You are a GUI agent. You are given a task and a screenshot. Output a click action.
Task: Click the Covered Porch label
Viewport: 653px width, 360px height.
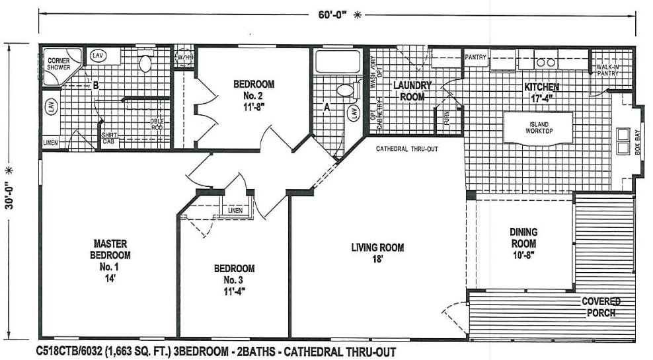pos(600,307)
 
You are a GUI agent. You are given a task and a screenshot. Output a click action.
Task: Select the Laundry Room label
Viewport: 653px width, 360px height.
pos(412,91)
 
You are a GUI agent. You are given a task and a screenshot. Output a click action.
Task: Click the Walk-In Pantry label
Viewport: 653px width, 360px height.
pos(607,70)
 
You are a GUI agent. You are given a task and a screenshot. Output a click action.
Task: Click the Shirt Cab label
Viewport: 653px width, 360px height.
pos(110,140)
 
